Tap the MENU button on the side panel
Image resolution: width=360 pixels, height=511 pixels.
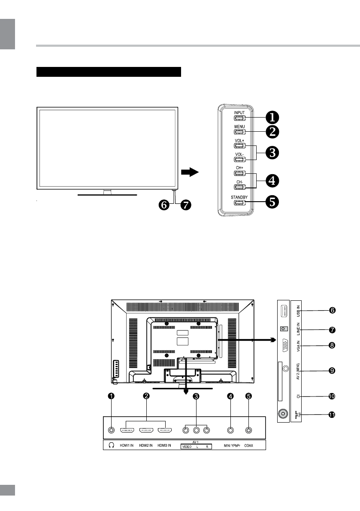click(239, 132)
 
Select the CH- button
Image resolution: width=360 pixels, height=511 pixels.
click(239, 187)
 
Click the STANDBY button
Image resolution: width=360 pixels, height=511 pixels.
click(239, 203)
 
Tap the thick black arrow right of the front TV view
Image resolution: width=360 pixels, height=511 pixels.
click(189, 172)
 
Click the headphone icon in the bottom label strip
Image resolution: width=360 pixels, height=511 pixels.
click(112, 445)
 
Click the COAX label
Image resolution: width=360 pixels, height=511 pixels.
click(249, 445)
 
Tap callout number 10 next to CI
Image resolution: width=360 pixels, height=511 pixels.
click(331, 396)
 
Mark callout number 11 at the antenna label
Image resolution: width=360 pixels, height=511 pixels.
click(331, 415)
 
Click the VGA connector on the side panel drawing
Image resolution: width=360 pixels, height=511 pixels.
click(283, 345)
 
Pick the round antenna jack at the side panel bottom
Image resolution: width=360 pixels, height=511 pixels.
click(283, 414)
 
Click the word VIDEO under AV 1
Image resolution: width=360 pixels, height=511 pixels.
click(187, 447)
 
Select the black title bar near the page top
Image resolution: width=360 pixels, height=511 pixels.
click(109, 72)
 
